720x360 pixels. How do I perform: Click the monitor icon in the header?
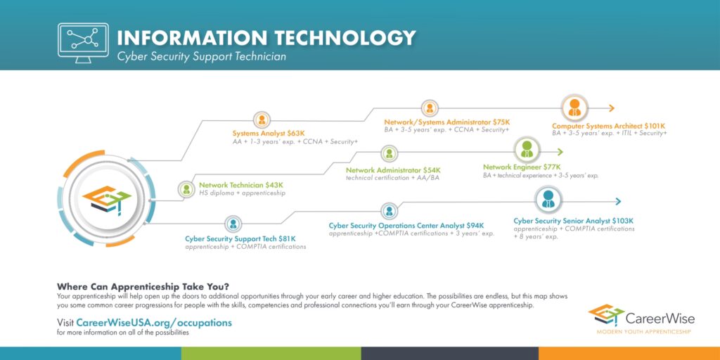(x=83, y=43)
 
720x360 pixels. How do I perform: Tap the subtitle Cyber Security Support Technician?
(x=202, y=57)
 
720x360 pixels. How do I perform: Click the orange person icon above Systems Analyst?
(x=262, y=120)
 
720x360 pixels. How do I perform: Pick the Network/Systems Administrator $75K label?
(x=446, y=122)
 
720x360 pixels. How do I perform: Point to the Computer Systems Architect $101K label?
(x=608, y=125)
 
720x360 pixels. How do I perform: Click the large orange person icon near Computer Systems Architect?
(x=574, y=108)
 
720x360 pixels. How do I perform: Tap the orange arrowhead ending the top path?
(x=611, y=108)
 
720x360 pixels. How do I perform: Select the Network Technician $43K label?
(x=241, y=185)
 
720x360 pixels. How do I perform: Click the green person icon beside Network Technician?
(x=186, y=189)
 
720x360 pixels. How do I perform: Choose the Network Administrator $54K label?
(x=393, y=170)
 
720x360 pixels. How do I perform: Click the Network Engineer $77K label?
(x=522, y=167)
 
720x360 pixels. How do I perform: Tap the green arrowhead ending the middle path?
(x=560, y=152)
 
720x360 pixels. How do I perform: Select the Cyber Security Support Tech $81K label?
(x=240, y=239)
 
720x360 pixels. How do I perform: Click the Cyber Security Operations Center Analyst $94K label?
(x=406, y=226)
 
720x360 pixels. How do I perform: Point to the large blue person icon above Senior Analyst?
(x=548, y=199)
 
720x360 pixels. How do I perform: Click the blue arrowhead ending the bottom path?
(x=617, y=201)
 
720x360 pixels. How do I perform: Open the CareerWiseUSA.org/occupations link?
(x=154, y=322)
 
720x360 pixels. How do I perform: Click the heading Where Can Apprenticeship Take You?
(x=143, y=286)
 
